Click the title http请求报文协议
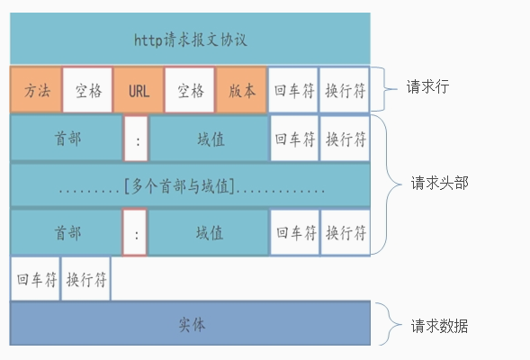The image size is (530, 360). [190, 40]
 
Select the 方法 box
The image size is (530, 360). [36, 90]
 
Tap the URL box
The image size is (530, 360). [139, 90]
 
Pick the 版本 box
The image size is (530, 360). [241, 90]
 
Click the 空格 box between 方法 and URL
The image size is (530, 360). [87, 90]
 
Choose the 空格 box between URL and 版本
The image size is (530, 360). [190, 90]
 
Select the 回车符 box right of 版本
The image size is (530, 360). [294, 90]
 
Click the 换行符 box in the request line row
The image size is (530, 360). [346, 90]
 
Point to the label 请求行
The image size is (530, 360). [427, 87]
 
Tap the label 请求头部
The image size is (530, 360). [439, 184]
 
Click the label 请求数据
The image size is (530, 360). [439, 326]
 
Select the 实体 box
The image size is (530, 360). [190, 324]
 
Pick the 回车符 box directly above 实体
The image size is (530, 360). [36, 278]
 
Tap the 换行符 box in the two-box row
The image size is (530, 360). [86, 278]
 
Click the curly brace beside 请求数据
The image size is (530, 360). [387, 325]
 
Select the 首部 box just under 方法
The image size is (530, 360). [67, 139]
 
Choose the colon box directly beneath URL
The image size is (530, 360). [136, 139]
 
